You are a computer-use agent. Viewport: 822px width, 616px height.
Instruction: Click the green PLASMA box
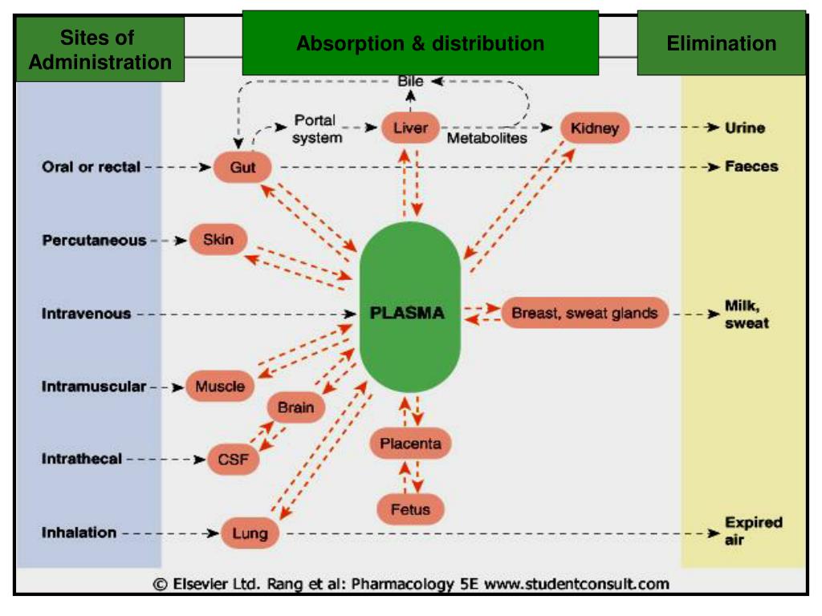[409, 312]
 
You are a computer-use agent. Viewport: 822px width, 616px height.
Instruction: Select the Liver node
[410, 128]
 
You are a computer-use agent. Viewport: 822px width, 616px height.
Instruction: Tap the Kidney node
[594, 128]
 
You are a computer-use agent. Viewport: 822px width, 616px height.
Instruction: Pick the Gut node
[242, 168]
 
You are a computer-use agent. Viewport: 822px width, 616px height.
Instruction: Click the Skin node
[218, 240]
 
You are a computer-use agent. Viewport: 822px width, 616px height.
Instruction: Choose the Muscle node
[219, 387]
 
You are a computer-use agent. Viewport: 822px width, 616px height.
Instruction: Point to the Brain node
[295, 407]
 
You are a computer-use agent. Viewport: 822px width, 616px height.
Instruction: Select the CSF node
[234, 460]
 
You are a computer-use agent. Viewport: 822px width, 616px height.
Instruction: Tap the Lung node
[250, 533]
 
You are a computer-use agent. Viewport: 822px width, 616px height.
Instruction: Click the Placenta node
[410, 444]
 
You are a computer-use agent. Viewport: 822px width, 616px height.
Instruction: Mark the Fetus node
[410, 509]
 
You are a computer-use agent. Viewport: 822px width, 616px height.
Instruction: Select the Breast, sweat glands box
[584, 313]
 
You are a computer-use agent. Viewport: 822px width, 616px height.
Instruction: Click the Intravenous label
[86, 314]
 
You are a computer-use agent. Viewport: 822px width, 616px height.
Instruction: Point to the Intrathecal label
[82, 460]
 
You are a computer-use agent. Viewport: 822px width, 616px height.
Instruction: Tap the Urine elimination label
[745, 128]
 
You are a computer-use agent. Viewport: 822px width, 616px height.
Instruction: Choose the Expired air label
[753, 531]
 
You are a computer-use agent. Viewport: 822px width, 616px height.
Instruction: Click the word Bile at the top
[410, 81]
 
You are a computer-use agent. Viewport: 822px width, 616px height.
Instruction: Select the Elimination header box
[721, 43]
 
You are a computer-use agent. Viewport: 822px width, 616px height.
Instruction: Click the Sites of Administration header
[100, 50]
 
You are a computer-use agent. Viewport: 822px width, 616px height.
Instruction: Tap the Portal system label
[316, 129]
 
